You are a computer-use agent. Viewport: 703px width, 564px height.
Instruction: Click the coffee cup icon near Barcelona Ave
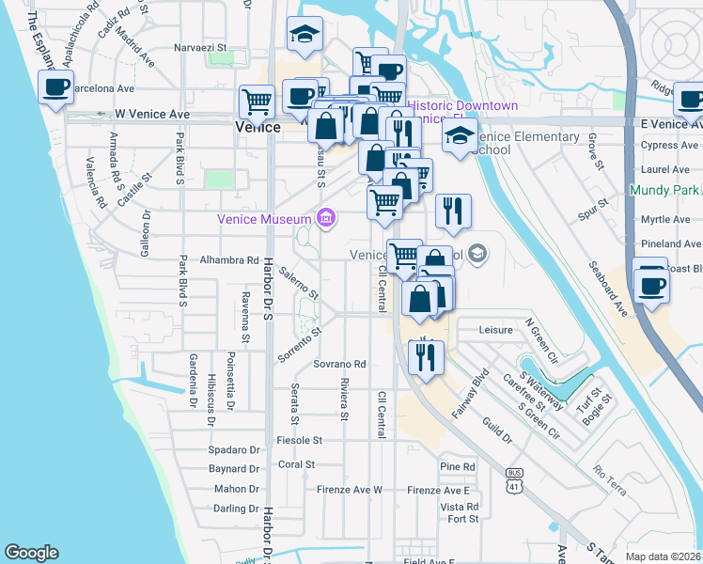56,89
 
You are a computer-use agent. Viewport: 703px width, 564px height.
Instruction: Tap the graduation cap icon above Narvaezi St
304,35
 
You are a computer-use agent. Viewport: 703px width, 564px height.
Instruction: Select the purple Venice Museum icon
325,219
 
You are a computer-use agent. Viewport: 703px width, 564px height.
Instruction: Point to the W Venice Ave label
152,115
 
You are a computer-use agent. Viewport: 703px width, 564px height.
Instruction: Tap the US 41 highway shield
513,479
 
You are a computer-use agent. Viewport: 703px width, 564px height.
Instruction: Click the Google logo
31,553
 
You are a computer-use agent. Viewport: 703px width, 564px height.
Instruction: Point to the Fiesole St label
300,439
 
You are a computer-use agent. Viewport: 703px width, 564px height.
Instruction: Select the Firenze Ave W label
350,490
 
